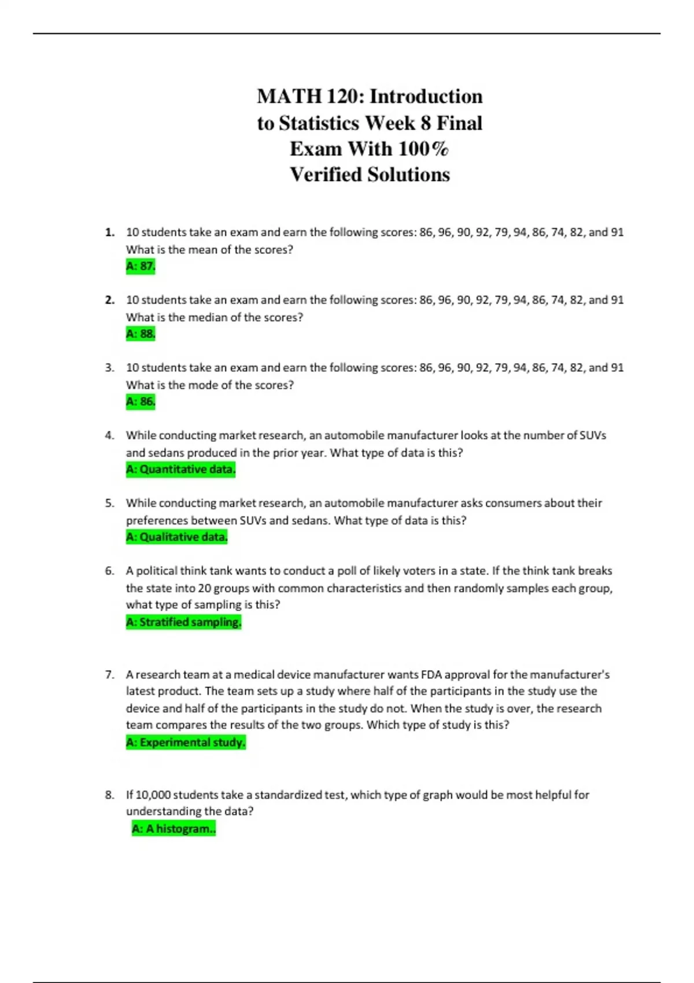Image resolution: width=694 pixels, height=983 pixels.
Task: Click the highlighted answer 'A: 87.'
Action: (x=141, y=267)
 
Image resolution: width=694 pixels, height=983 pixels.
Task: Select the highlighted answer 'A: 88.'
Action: (x=141, y=334)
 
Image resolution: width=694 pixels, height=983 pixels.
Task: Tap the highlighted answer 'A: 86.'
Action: (x=141, y=402)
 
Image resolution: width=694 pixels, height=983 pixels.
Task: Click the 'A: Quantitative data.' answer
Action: (x=180, y=470)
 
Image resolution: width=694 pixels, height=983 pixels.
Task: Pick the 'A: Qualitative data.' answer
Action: (x=176, y=537)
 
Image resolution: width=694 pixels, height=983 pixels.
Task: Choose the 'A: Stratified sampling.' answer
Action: (x=183, y=622)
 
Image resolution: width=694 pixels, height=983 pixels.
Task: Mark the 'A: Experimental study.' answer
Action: (x=186, y=742)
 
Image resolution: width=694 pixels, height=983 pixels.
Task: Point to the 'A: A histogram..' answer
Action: (x=173, y=829)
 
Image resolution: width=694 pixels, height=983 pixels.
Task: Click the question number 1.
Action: (x=109, y=232)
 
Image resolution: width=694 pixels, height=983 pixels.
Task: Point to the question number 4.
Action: (x=109, y=435)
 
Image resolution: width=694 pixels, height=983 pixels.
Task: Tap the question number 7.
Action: (x=109, y=675)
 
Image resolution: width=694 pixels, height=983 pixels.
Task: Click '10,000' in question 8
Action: (x=153, y=795)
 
